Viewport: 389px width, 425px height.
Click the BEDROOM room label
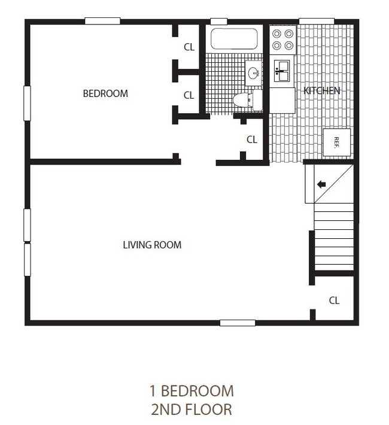[105, 93]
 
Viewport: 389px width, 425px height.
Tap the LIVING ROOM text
[152, 245]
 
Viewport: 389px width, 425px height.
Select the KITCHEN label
[321, 91]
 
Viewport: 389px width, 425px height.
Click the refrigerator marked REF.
[336, 142]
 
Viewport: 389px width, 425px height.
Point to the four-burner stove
[282, 40]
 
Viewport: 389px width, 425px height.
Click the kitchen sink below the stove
[282, 72]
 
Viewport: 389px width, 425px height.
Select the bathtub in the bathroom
[234, 40]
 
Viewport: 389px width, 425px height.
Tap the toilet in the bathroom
[245, 100]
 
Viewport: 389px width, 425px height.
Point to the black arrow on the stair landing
[321, 184]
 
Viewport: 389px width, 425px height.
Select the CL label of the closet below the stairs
[334, 300]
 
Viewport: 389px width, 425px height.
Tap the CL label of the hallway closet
[252, 139]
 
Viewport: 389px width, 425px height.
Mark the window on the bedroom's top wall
[102, 21]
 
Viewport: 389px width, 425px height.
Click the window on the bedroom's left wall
[27, 103]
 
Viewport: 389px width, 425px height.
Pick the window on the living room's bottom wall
[237, 323]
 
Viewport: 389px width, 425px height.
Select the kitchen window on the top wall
[316, 21]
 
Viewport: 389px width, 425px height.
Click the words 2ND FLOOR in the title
[191, 409]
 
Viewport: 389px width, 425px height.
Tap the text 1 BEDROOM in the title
[191, 391]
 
